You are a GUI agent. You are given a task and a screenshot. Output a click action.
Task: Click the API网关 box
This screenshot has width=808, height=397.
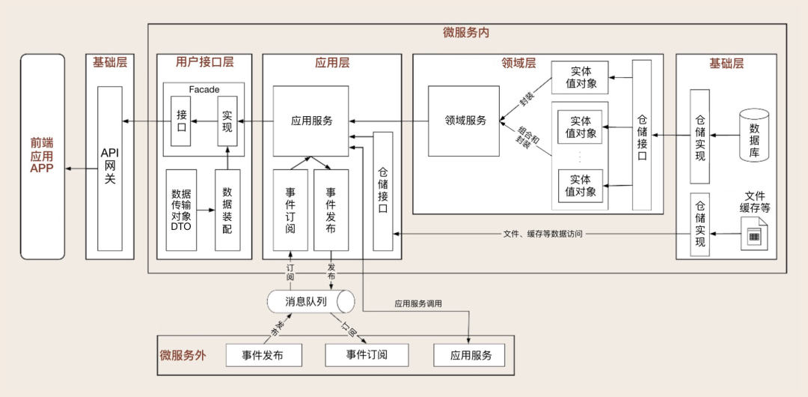[110, 168]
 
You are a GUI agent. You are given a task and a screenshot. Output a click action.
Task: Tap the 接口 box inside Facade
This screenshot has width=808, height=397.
[182, 121]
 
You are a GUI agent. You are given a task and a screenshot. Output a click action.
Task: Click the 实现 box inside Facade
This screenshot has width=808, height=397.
[227, 121]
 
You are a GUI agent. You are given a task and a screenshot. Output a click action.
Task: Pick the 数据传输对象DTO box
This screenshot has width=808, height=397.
[182, 210]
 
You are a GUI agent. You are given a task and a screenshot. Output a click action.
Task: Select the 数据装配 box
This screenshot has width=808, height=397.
[227, 210]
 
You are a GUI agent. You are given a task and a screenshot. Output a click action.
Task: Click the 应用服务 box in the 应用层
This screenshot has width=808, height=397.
[311, 121]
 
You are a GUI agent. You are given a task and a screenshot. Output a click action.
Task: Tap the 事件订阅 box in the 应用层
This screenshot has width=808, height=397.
[290, 209]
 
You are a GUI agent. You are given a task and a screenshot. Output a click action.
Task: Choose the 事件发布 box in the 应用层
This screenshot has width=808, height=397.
[331, 209]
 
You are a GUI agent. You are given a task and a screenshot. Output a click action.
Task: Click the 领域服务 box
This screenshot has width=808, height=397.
[465, 120]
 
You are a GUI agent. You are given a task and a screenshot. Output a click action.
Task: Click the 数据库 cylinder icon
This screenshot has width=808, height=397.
[754, 135]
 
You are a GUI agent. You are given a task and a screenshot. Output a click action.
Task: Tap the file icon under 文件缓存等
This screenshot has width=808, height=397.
[754, 234]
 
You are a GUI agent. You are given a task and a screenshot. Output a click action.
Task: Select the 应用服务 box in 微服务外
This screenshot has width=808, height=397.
[470, 355]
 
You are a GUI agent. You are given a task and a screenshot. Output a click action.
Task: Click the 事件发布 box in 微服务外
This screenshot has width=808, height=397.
[263, 355]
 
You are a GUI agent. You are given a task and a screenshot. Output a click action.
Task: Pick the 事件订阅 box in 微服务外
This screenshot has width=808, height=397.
[367, 354]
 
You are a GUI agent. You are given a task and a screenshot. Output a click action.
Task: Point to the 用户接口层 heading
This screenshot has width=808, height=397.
[204, 63]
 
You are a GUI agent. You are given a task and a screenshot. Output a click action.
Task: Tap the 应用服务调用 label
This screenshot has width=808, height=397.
[418, 304]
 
